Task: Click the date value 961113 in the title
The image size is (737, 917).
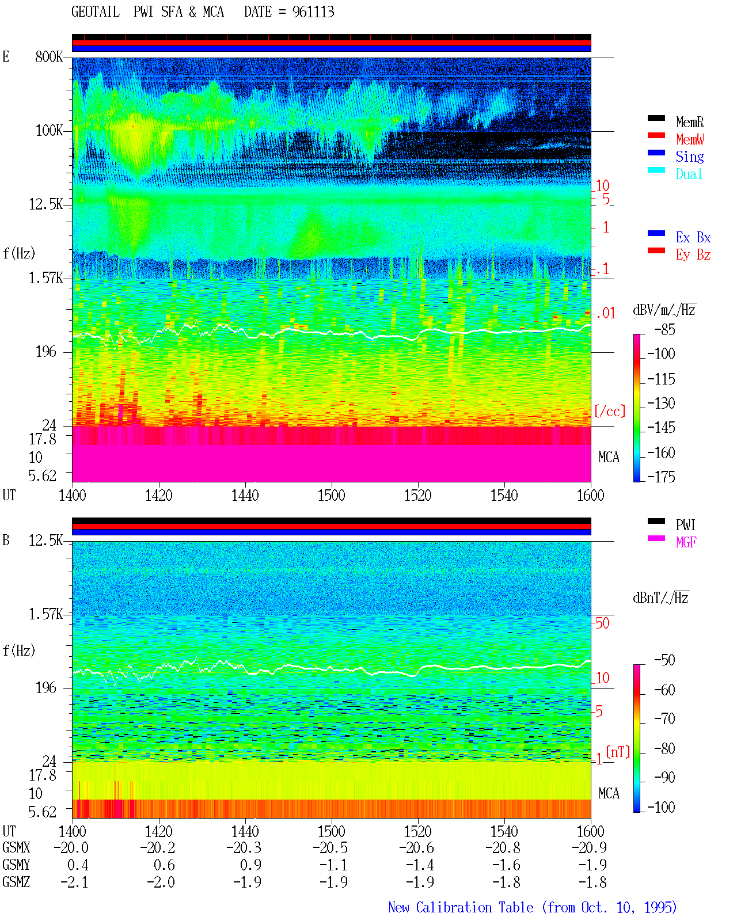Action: point(313,12)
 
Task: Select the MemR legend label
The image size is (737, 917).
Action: point(689,122)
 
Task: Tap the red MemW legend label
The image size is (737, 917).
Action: point(690,139)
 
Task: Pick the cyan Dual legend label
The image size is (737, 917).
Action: point(689,174)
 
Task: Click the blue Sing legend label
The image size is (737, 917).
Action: point(689,157)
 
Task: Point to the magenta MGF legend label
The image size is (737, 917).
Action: point(686,542)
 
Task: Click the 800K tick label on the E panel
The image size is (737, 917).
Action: point(49,56)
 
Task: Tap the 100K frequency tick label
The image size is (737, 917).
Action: point(49,131)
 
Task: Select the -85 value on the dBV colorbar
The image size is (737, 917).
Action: point(664,329)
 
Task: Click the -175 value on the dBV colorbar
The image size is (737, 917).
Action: point(661,477)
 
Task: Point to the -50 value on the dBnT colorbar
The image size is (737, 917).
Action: point(664,660)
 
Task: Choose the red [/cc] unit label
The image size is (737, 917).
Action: point(610,411)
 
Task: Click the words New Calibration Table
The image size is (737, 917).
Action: point(461,907)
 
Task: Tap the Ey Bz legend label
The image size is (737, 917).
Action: point(693,255)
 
